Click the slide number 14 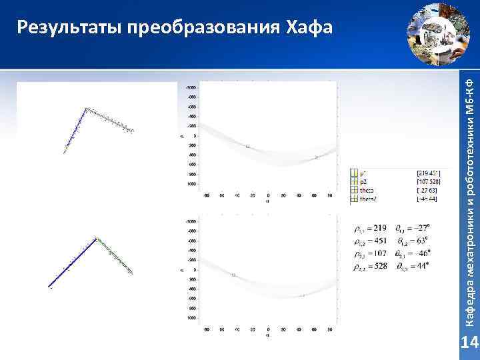click(470, 343)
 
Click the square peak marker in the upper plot click(247, 146)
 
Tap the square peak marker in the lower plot click(233, 275)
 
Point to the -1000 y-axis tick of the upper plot click(191, 87)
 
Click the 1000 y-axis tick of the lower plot click(192, 318)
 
